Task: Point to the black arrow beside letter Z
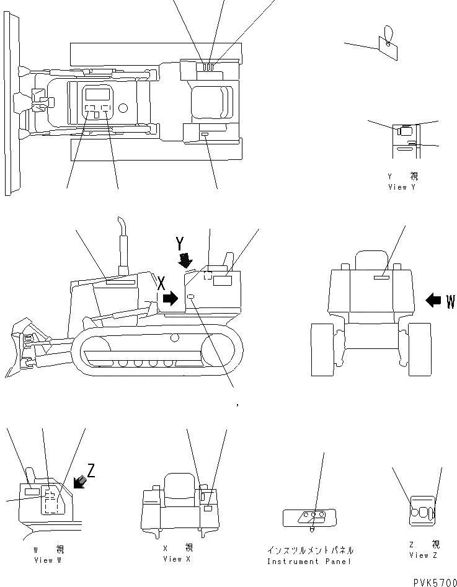(x=79, y=481)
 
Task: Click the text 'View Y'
(x=401, y=187)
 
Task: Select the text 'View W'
(x=48, y=560)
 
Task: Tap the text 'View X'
(x=177, y=559)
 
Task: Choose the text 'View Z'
(x=423, y=555)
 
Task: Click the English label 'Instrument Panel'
(x=309, y=562)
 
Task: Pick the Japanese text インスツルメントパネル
(x=310, y=550)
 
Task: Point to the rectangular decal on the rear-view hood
(x=381, y=280)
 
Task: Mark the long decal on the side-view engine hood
(x=120, y=282)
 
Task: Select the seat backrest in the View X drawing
(x=179, y=481)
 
